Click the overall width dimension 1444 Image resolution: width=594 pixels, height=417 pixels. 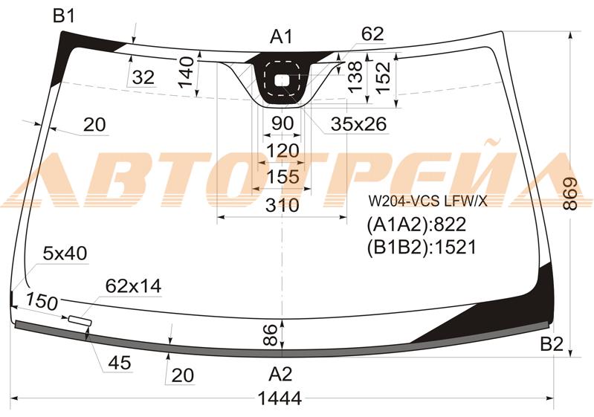click(x=280, y=398)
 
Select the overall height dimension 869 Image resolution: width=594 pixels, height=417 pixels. click(x=570, y=194)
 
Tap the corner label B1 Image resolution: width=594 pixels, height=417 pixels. click(x=64, y=16)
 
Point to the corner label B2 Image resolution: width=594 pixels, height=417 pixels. click(x=552, y=345)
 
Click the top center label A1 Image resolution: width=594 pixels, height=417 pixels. click(x=281, y=37)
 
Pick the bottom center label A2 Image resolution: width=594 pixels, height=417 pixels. click(x=280, y=374)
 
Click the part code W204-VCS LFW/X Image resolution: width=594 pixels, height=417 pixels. click(x=428, y=201)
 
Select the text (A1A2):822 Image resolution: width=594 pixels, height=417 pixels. click(x=416, y=224)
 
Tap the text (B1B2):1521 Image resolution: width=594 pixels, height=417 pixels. click(x=422, y=247)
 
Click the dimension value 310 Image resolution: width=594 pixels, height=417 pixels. click(x=283, y=205)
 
